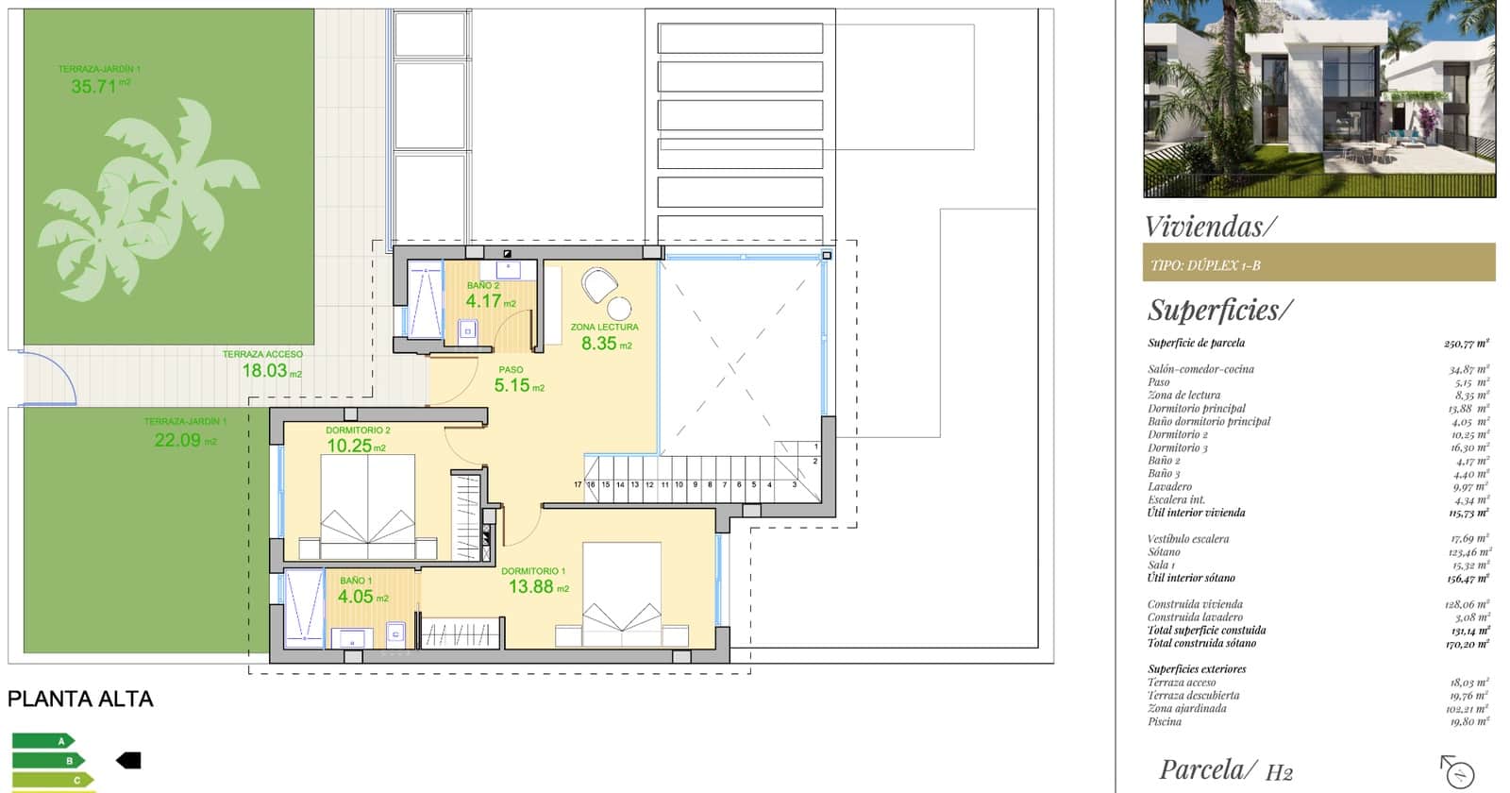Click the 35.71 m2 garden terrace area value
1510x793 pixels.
pos(94,87)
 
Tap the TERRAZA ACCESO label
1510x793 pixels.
pos(262,354)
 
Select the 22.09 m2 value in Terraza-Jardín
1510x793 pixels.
pos(179,440)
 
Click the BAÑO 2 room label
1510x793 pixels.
pos(483,285)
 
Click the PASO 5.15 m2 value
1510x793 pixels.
pos(513,386)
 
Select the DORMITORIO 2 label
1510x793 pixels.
pos(358,430)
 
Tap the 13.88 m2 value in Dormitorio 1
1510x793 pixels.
pos(531,587)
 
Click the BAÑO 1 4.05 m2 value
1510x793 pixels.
pos(356,598)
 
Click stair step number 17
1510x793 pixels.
pos(578,484)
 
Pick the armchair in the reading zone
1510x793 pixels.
pos(598,283)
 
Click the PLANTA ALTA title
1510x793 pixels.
pos(80,700)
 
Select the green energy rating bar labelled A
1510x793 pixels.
pos(42,741)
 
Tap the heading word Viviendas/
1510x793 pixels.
pos(1210,227)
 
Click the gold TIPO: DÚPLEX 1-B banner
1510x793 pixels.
pos(1318,263)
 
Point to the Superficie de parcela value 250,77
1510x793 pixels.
pos(1466,344)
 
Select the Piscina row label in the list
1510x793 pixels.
pos(1165,721)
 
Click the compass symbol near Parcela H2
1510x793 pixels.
pos(1457,771)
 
